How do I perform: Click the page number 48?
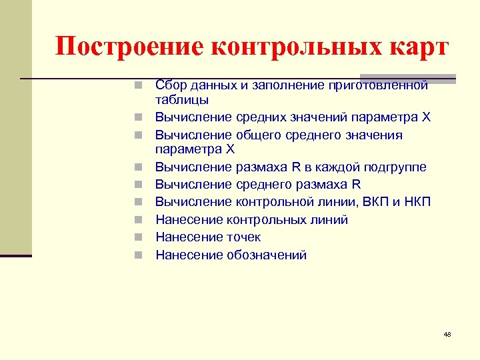(447, 334)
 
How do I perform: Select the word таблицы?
(181, 100)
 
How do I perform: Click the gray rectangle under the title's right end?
(407, 79)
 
